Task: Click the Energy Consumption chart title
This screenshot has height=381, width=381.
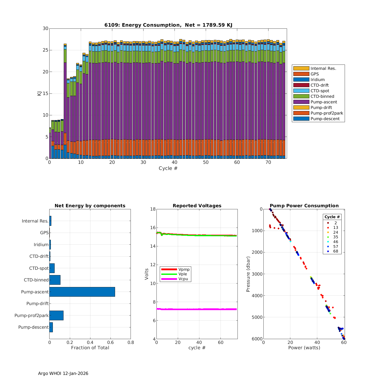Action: tap(168, 25)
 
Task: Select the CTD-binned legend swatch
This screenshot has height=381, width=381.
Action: tap(301, 96)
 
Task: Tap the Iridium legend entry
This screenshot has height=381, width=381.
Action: tap(317, 80)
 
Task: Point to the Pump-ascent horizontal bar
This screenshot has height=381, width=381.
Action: tap(82, 292)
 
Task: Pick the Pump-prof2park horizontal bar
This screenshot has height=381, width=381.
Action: tap(56, 315)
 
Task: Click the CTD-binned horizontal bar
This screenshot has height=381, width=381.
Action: tap(55, 280)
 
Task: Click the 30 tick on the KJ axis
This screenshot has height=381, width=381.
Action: tap(45, 28)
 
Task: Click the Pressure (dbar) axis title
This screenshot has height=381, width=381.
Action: tap(248, 274)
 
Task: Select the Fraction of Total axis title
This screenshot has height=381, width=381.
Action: tap(90, 347)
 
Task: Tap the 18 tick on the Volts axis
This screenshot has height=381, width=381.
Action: tap(153, 209)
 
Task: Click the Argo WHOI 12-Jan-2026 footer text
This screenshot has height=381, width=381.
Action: tap(63, 373)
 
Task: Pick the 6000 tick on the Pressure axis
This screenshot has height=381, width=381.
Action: tap(258, 339)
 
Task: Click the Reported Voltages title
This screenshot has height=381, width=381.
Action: tap(197, 206)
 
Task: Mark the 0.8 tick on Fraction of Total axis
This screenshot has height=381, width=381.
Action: tap(131, 342)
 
